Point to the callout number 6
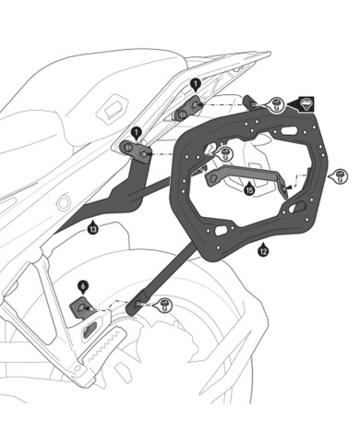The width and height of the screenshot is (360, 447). (x=82, y=286)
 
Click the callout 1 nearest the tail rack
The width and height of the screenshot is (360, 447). (x=195, y=84)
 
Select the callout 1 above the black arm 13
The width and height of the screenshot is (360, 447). (x=135, y=131)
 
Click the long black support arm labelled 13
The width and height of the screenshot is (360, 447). (x=129, y=189)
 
